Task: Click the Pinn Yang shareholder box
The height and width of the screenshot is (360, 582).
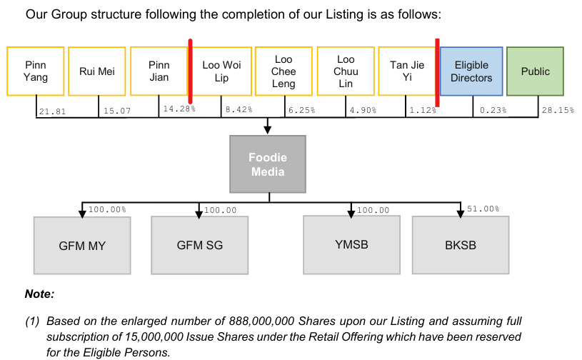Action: coord(35,71)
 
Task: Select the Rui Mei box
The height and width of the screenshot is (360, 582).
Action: coord(97,71)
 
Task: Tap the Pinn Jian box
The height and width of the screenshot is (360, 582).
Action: coord(159,71)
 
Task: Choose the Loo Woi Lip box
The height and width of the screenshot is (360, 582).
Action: coord(221,71)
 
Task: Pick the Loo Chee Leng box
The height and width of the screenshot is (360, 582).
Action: coord(284,71)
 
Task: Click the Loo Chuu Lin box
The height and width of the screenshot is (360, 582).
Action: coord(346,71)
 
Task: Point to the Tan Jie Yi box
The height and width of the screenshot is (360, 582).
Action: coord(407,71)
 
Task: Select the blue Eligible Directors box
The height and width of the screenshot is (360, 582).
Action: coord(471,71)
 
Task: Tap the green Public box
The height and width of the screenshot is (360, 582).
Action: coord(536,71)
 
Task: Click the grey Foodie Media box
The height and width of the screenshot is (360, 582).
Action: coord(268,164)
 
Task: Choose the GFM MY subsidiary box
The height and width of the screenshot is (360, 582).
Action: coord(82,246)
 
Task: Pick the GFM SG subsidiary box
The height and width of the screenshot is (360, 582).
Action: coord(200,245)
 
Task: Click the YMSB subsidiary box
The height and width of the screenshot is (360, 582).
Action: coord(351,245)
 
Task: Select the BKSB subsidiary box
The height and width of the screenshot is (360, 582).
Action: coord(461,245)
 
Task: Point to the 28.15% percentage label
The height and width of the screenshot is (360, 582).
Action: coord(558,110)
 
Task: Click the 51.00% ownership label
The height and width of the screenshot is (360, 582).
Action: coord(483,209)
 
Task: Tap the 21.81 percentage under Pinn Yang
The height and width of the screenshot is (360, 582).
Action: coord(52,111)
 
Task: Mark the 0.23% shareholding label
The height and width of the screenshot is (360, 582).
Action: coord(493,110)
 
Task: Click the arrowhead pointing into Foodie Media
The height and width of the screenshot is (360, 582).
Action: coord(267,130)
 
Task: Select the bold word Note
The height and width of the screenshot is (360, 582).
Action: coord(39,294)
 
